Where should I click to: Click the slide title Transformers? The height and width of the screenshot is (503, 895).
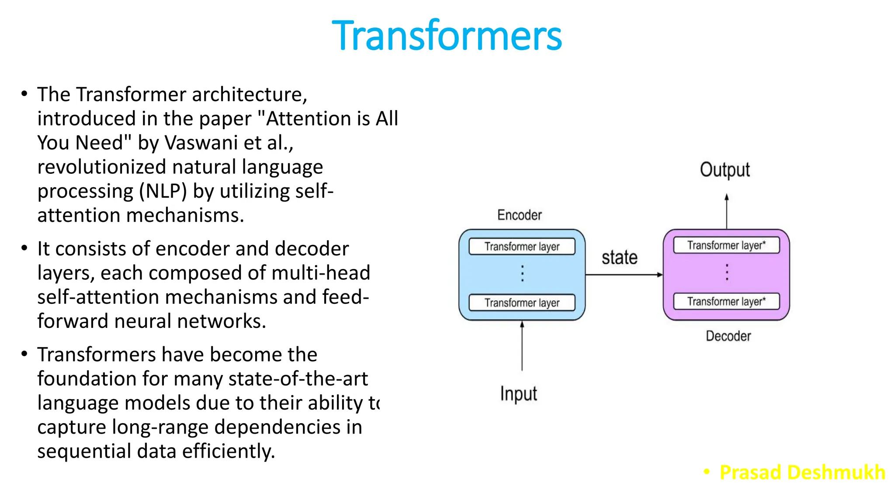[447, 36]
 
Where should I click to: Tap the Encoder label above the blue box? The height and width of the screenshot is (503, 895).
[519, 215]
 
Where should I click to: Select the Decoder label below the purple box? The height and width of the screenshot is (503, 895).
[728, 336]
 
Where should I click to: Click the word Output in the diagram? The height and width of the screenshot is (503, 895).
[725, 170]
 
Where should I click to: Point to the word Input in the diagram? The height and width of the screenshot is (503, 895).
[518, 393]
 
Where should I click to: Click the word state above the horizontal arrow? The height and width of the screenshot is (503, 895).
[619, 258]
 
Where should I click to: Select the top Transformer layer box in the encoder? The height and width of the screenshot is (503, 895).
[522, 247]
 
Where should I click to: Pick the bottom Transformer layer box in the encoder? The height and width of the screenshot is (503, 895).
[522, 303]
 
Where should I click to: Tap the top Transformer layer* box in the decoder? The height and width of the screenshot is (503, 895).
[726, 245]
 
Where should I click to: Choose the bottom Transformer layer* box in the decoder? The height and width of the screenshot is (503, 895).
[726, 301]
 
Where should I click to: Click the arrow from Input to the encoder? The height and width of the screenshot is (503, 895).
[522, 347]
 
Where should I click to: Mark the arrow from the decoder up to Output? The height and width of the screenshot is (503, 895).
[726, 212]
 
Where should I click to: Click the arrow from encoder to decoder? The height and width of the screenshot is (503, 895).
[624, 275]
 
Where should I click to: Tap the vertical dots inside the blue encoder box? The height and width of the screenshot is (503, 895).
[522, 273]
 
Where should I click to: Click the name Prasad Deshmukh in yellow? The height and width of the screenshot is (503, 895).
[802, 472]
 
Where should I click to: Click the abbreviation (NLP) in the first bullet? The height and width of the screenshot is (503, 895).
[163, 191]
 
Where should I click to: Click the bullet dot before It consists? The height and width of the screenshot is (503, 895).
[24, 248]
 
